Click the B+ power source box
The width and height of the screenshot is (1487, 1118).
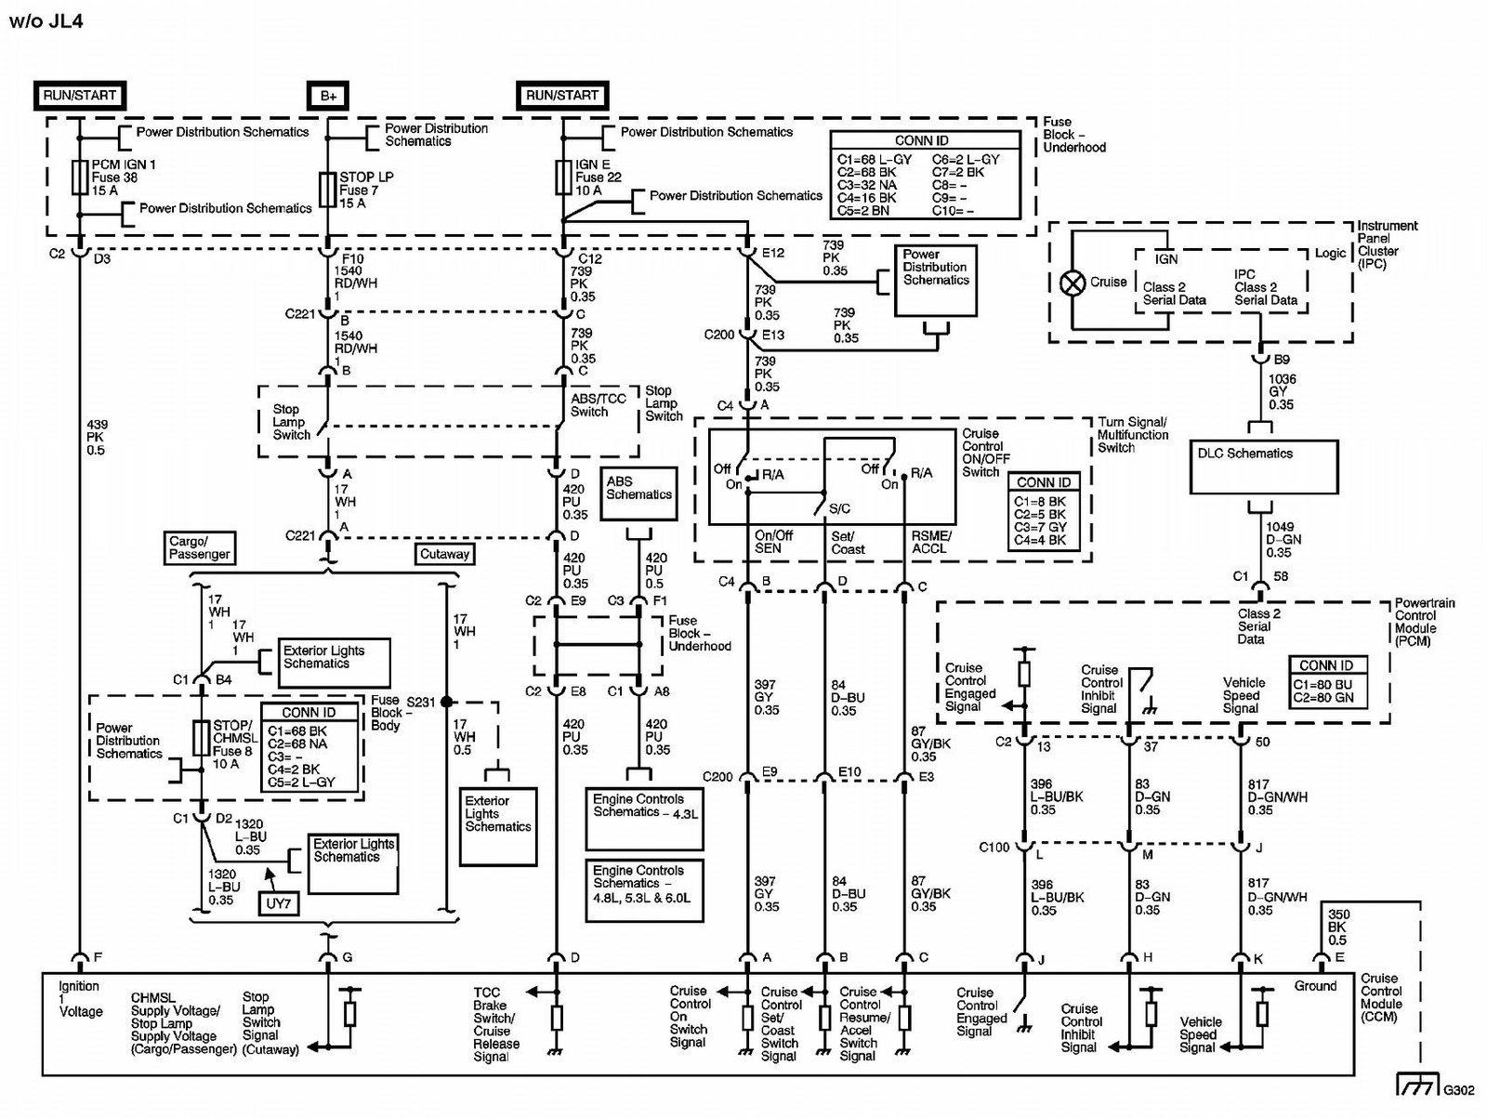coord(328,96)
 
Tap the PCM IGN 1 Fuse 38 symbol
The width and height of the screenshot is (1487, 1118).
coord(80,178)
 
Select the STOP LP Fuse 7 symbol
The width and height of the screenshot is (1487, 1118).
coord(328,191)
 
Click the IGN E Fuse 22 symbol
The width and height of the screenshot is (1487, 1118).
coord(563,178)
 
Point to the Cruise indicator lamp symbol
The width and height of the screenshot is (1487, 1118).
coord(1072,283)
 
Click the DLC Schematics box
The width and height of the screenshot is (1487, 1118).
coord(1264,467)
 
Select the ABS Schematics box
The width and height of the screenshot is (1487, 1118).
coord(638,493)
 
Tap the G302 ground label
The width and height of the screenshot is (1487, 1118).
coord(1458,1090)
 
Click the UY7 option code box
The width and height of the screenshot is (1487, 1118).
coord(279,903)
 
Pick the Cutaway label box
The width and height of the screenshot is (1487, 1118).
coord(444,554)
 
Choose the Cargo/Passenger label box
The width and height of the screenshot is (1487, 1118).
coord(199,547)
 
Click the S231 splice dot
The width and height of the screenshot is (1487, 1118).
coord(446,702)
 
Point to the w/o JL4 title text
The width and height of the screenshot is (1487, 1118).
coord(46,21)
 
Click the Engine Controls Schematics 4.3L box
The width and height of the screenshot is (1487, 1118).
coord(644,819)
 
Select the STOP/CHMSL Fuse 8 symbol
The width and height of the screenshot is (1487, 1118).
coord(201,738)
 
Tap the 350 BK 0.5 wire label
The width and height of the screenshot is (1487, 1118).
coord(1337,927)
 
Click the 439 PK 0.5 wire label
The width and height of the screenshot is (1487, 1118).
coord(97,438)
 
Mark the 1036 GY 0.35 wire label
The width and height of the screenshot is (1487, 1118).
coord(1282,392)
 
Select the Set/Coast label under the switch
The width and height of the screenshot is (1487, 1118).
coord(849,543)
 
